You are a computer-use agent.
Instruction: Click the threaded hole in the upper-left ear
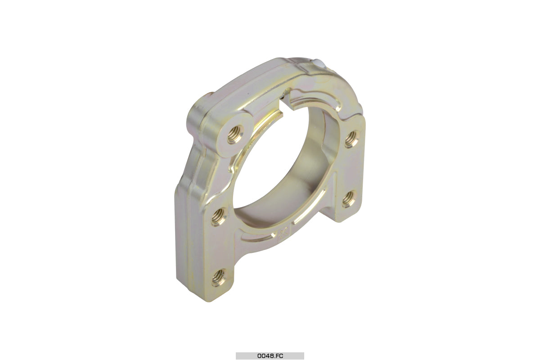tap(235, 134)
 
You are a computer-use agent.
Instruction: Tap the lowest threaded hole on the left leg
tap(220, 278)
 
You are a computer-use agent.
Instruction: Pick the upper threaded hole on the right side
tap(352, 139)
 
